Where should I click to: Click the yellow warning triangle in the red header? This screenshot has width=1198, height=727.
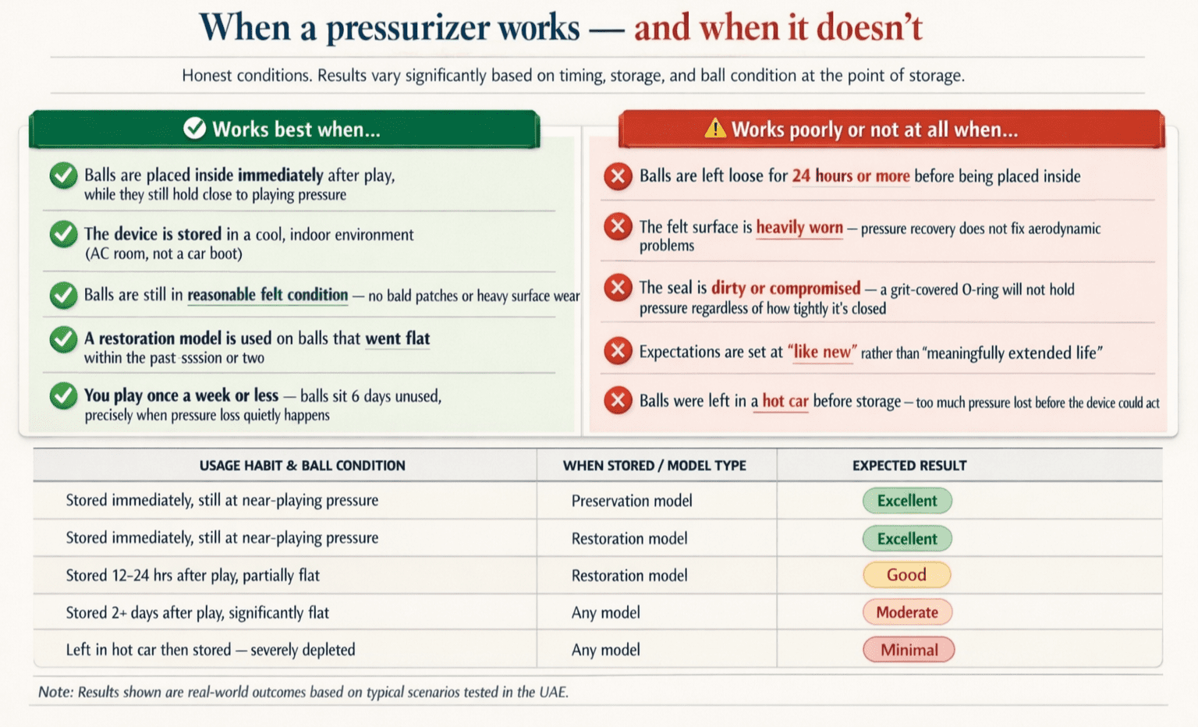(714, 129)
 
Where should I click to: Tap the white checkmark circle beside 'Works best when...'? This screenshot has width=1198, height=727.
(194, 129)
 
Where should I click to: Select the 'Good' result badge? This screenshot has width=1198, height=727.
(906, 576)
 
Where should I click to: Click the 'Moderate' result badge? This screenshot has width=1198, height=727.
(906, 612)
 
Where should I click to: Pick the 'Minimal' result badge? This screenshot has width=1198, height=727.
(909, 650)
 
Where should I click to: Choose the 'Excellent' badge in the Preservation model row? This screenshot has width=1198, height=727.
(906, 501)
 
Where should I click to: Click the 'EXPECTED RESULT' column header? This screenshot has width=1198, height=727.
(909, 466)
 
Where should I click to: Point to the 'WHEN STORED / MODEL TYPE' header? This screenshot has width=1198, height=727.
(654, 466)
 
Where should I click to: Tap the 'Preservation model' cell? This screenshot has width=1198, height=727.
(632, 501)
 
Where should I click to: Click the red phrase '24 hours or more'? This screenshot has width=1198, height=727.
(851, 176)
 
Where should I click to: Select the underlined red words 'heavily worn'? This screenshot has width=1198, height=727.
(799, 228)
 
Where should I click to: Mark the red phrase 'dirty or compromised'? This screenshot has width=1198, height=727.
(785, 289)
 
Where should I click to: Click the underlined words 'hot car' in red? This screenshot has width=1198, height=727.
(785, 402)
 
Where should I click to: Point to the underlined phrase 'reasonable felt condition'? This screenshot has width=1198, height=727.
(268, 295)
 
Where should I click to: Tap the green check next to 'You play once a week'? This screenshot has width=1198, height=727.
(63, 396)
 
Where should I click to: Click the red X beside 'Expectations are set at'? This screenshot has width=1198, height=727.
(618, 351)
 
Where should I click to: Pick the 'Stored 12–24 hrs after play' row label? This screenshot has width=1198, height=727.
(193, 576)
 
